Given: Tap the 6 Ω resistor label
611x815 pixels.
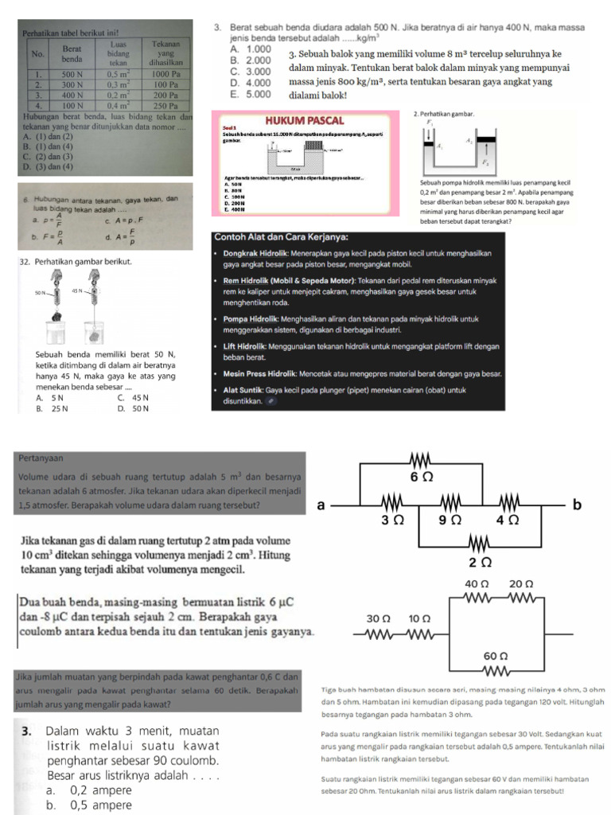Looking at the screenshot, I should click(420, 478).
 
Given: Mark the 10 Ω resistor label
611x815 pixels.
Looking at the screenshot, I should click(419, 618).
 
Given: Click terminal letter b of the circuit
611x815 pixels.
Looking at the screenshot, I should click(578, 505).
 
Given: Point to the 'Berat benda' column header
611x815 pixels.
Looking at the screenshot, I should click(72, 53).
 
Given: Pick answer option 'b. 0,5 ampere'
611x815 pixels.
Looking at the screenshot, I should click(78, 805).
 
